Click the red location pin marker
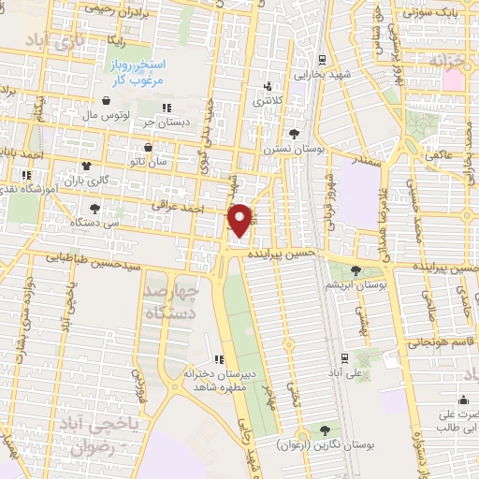[x=239, y=220]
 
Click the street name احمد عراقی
[x=207, y=207]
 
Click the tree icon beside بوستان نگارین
[x=324, y=430]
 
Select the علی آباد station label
[x=344, y=372]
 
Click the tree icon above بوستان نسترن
[x=295, y=134]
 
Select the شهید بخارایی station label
[x=322, y=74]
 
